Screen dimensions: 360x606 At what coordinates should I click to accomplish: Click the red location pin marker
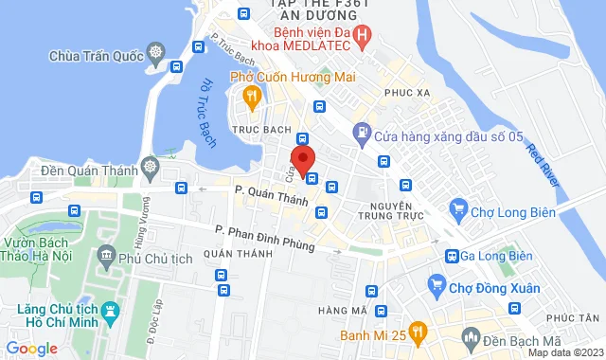[x=302, y=158]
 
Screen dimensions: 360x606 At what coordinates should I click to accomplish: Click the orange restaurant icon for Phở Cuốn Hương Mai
[x=251, y=95]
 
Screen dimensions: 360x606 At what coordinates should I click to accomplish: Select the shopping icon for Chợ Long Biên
[x=458, y=207]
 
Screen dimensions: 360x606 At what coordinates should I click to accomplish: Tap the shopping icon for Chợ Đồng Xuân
[x=437, y=282]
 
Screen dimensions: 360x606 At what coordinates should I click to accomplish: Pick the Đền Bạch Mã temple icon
[x=468, y=335]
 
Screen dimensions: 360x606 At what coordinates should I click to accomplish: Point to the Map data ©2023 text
[x=564, y=352]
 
